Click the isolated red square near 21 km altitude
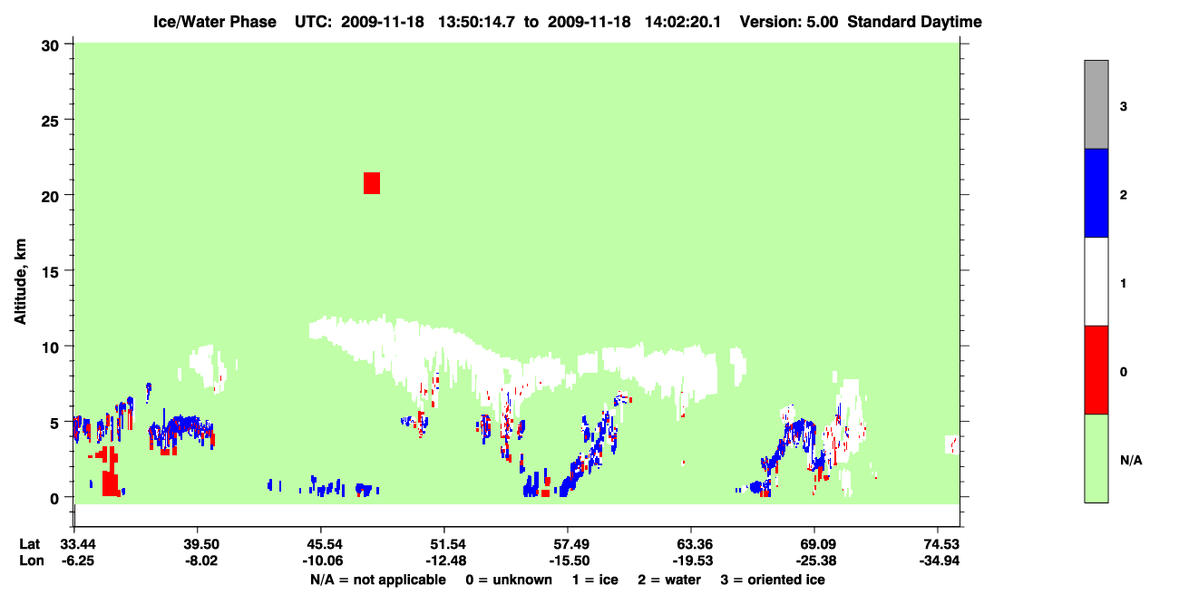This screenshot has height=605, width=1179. [372, 183]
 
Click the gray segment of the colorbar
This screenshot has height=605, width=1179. [1096, 104]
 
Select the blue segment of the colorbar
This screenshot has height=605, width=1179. [1096, 192]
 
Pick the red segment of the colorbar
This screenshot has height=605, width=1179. [1096, 370]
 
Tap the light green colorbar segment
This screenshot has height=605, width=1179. [1096, 458]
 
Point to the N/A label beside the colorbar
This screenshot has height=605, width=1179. [1131, 461]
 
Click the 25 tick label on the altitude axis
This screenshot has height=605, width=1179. [50, 122]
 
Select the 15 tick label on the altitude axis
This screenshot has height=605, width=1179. [50, 272]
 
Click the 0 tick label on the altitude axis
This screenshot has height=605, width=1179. [54, 499]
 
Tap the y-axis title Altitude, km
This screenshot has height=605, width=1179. [20, 282]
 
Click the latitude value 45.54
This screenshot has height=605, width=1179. [323, 544]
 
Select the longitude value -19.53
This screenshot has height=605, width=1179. [693, 561]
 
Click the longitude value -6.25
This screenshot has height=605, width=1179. [77, 561]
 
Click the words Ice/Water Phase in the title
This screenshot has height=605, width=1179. [215, 22]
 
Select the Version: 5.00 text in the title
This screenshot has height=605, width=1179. [789, 22]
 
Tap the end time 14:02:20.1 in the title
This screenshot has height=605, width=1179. [683, 22]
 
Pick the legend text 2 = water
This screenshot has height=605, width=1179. [669, 580]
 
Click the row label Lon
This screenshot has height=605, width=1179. [32, 561]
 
